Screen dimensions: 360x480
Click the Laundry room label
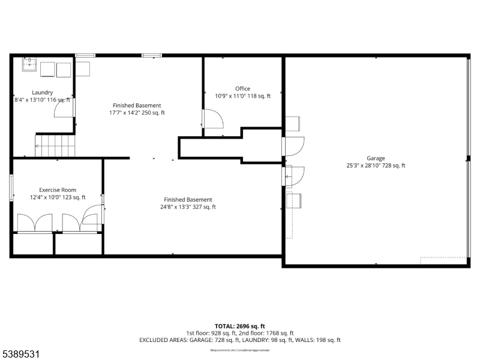click(x=42, y=92)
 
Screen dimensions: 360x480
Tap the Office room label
click(x=243, y=89)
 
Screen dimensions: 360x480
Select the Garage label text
click(x=376, y=158)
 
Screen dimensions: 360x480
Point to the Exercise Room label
click(x=58, y=190)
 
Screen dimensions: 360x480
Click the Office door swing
click(x=213, y=119)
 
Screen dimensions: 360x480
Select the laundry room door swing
click(x=64, y=108)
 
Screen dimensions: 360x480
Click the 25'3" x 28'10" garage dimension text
click(x=376, y=166)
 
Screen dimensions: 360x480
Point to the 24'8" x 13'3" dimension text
click(x=188, y=207)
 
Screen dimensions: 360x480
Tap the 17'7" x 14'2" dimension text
click(x=137, y=113)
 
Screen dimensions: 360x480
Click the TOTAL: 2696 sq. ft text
click(x=240, y=326)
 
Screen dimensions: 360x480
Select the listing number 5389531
click(x=21, y=355)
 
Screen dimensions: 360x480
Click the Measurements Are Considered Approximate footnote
click(x=240, y=350)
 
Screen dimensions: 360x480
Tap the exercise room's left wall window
click(x=11, y=187)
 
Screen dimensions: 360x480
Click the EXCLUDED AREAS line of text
click(x=240, y=340)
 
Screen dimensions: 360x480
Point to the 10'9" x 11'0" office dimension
click(x=243, y=96)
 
